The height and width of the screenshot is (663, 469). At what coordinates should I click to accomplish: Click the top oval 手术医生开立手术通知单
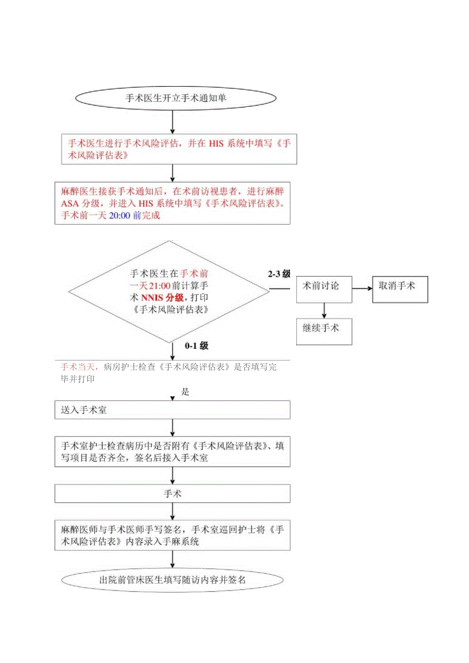click(176, 98)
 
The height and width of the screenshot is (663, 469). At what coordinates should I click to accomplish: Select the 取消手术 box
click(400, 289)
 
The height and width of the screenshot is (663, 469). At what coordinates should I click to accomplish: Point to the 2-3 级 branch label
click(279, 274)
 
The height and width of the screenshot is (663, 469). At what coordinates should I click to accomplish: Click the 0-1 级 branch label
click(197, 346)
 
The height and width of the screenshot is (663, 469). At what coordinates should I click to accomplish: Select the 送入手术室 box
click(173, 410)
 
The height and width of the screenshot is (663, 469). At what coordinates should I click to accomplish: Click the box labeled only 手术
click(173, 493)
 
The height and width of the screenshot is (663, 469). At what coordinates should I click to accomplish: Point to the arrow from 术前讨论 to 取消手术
click(361, 288)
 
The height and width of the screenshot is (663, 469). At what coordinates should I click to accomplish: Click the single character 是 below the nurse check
click(186, 392)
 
